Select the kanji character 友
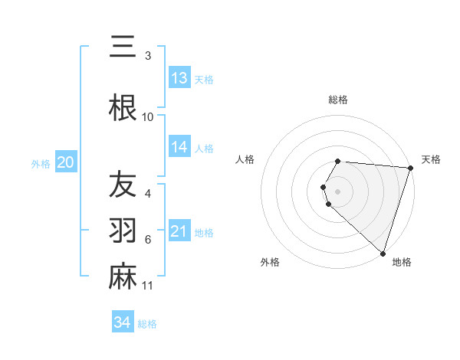coord(123,185)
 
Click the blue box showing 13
coord(179,78)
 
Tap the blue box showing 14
coord(179,147)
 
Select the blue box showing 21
coord(179,231)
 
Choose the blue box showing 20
coord(66,162)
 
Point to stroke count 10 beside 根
coord(148,117)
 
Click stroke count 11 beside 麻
coord(148,286)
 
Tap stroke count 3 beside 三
coord(148,56)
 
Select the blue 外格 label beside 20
coord(41,163)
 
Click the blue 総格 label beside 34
coord(147,323)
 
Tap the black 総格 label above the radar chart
coord(338,100)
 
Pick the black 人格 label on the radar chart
coord(245,159)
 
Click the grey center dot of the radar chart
coord(338,190)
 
